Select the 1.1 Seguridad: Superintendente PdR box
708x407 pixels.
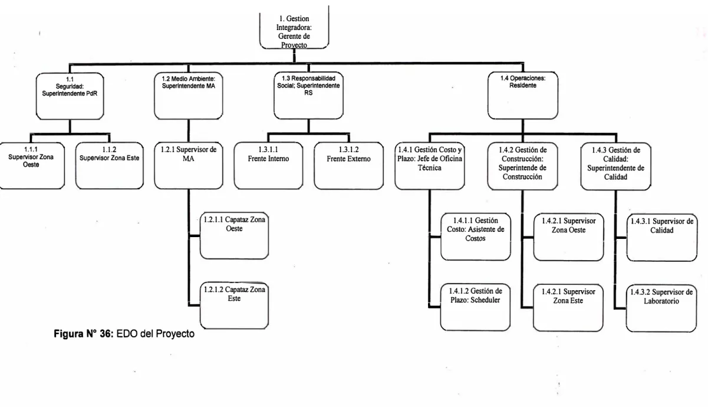(x=70, y=96)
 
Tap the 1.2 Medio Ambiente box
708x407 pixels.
(x=189, y=96)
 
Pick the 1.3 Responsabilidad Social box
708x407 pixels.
(x=308, y=96)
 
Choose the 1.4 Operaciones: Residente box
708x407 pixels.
(x=523, y=96)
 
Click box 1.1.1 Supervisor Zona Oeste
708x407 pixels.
(x=32, y=166)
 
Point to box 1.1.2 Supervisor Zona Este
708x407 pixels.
(x=110, y=166)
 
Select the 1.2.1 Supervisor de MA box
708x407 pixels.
(x=189, y=166)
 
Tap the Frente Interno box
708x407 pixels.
(x=268, y=166)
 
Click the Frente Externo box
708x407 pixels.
(x=348, y=166)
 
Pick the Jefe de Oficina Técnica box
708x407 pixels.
(x=430, y=166)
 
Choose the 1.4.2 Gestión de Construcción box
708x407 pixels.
(x=522, y=166)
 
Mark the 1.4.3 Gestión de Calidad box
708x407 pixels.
(x=615, y=166)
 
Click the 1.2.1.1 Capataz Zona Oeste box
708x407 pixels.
(x=234, y=235)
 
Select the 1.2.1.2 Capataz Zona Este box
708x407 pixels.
(x=234, y=306)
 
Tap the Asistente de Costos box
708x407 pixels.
(x=475, y=237)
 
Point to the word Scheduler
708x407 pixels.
(x=485, y=300)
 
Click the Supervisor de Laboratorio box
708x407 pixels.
(x=661, y=308)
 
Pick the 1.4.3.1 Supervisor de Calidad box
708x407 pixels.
(x=662, y=238)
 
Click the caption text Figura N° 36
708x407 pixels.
(x=84, y=334)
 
